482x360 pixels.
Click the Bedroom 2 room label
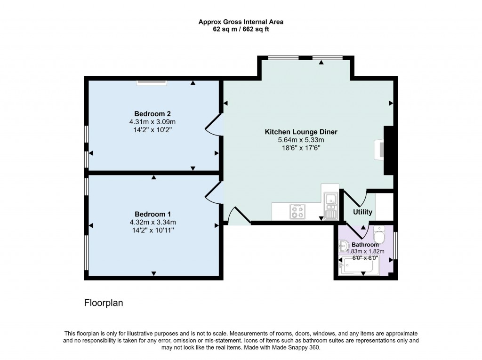tap(152, 113)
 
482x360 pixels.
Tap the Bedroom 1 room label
tap(152, 214)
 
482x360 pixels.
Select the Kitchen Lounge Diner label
tap(301, 132)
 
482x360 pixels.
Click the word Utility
tap(362, 212)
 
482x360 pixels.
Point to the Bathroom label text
tap(365, 245)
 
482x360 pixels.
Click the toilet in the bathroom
tap(379, 233)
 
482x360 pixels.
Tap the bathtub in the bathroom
tap(356, 266)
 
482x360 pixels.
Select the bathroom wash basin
tap(343, 245)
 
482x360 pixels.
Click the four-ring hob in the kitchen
tap(297, 211)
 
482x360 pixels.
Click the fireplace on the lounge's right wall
tap(381, 150)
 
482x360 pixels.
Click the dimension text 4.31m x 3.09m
tap(152, 121)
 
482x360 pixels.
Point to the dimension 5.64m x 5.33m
tap(301, 140)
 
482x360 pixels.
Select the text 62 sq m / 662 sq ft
tap(241, 29)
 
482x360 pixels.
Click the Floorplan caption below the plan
tap(104, 303)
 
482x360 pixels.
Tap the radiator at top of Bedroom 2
tap(152, 83)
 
